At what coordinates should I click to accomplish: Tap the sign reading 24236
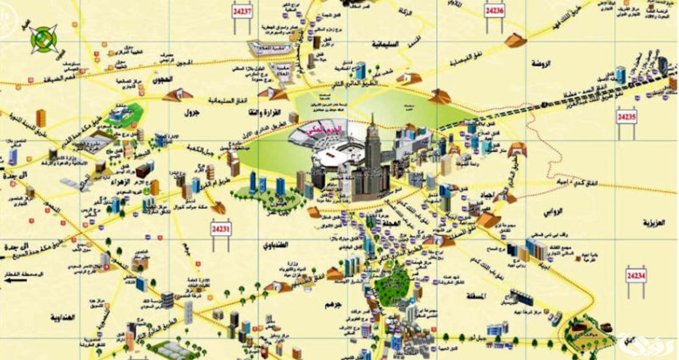tap(494, 10)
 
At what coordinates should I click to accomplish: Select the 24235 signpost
tap(626, 117)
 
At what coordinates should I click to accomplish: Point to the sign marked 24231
tap(221, 229)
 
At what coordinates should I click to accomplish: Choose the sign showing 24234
tap(636, 275)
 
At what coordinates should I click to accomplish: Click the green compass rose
tap(43, 38)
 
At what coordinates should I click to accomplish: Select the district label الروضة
tap(541, 63)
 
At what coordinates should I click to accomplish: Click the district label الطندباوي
tap(276, 245)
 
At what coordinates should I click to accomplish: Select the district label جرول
tap(191, 113)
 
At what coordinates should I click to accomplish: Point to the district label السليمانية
tap(384, 44)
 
